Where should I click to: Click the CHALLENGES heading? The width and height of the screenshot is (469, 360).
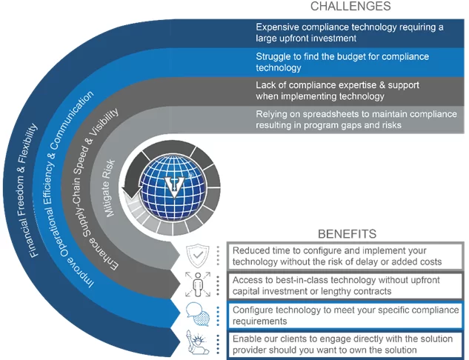(x=350, y=6)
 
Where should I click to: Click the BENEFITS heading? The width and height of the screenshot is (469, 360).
(x=347, y=234)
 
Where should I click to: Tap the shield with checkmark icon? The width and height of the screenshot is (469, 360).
(x=198, y=256)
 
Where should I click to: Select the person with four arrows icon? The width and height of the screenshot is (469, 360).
(x=198, y=284)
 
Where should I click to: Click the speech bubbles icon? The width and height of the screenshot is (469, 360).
(x=198, y=314)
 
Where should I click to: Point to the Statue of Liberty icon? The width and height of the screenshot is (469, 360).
(x=196, y=342)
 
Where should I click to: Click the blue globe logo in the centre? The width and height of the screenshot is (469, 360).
(x=173, y=187)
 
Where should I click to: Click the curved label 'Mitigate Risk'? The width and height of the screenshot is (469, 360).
(x=108, y=188)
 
